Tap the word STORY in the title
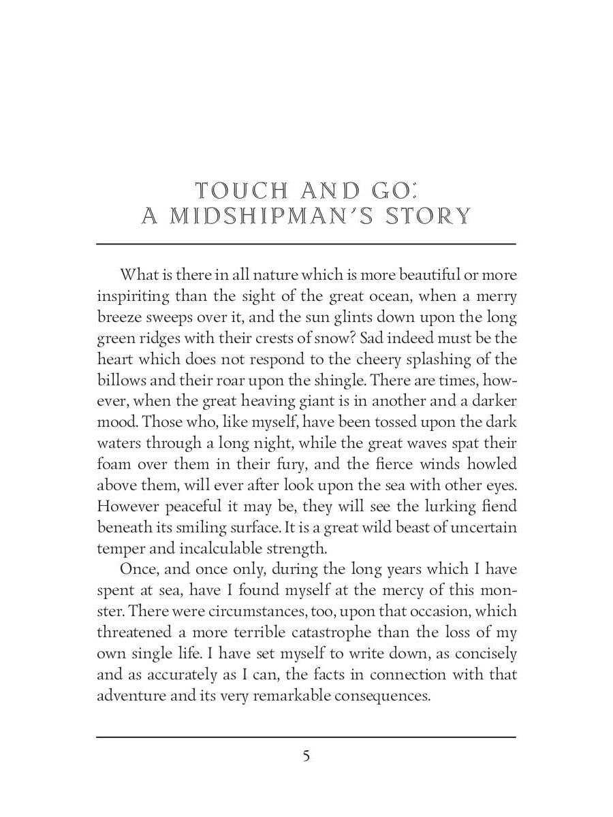point(428,217)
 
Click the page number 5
point(306,756)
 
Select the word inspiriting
point(132,296)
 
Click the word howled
point(492,464)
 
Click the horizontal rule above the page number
point(306,737)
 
